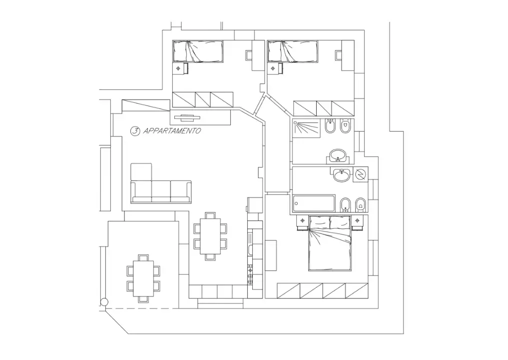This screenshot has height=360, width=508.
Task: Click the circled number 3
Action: point(134,131)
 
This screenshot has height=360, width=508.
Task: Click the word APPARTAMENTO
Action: point(172,131)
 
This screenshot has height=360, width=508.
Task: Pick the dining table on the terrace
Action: point(144,278)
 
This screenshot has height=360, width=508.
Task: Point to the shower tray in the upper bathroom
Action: point(306,127)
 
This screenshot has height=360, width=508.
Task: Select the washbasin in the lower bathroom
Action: point(342,175)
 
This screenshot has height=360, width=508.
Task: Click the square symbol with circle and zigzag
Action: point(360,175)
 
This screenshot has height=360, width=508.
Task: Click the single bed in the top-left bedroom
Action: point(198,51)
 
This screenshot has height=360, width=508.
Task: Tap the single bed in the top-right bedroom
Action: point(293,51)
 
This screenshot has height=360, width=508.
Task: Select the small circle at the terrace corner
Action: point(104,302)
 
